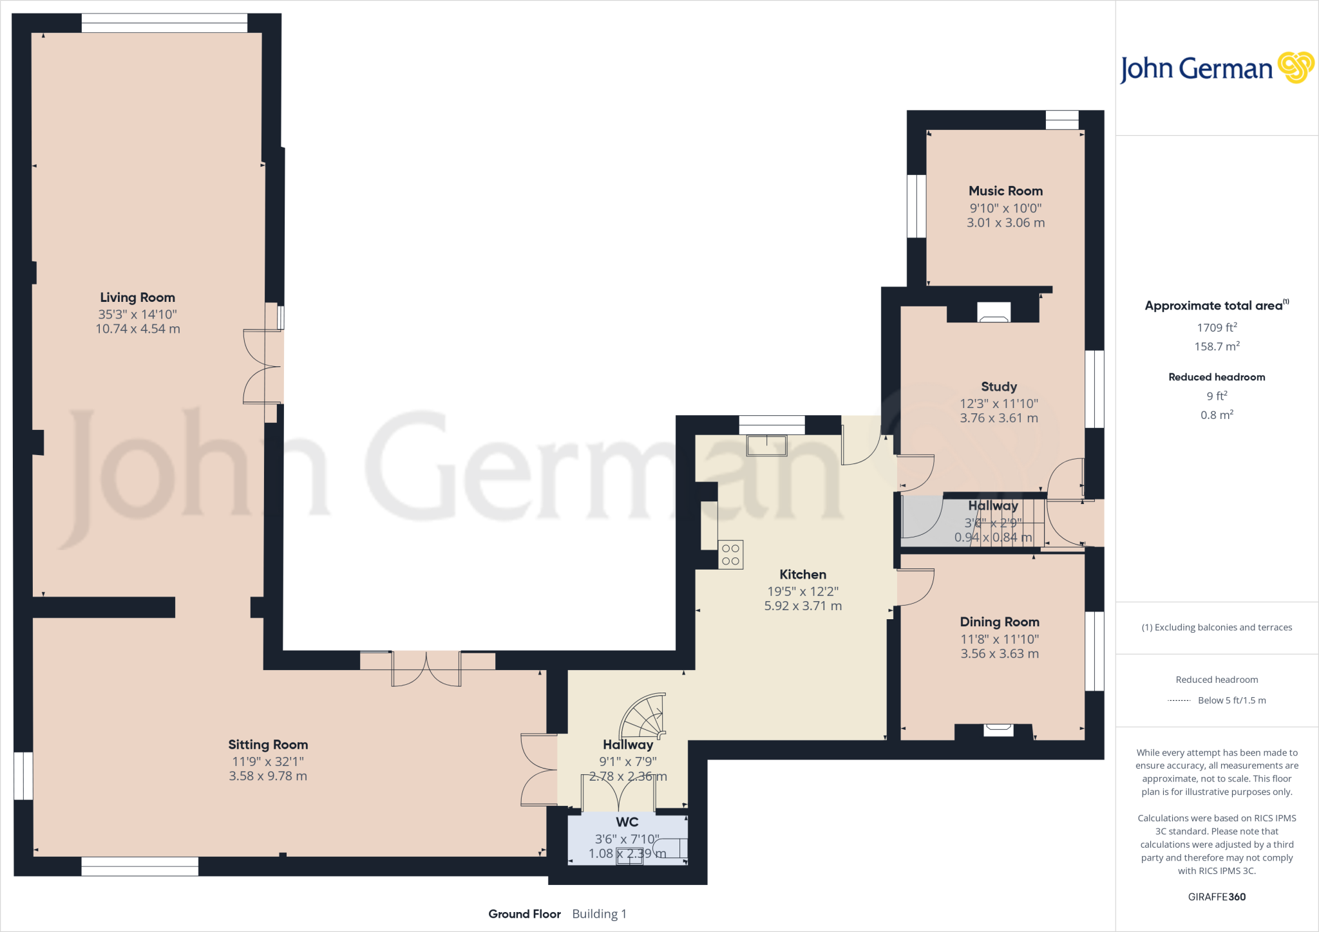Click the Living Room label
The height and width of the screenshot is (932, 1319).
pyautogui.click(x=137, y=297)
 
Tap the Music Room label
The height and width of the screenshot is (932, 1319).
pyautogui.click(x=1005, y=191)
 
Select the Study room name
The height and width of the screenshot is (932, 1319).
pyautogui.click(x=999, y=387)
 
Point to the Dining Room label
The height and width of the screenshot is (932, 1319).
pyautogui.click(x=1000, y=622)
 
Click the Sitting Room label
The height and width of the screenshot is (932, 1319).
pyautogui.click(x=268, y=745)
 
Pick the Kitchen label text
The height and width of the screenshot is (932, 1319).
pyautogui.click(x=802, y=575)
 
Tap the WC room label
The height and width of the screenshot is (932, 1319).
pyautogui.click(x=627, y=822)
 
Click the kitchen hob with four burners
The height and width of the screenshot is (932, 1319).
pyautogui.click(x=730, y=555)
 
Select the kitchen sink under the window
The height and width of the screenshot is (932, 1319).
pyautogui.click(x=766, y=445)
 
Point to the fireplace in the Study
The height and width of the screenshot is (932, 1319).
pyautogui.click(x=994, y=312)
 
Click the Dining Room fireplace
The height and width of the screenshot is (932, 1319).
pyautogui.click(x=998, y=730)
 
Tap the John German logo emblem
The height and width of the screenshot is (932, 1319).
pyautogui.click(x=1295, y=68)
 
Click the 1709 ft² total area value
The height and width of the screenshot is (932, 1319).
pyautogui.click(x=1217, y=328)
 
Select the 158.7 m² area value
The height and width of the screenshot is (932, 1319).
pyautogui.click(x=1217, y=346)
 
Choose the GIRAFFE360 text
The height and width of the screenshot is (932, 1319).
pyautogui.click(x=1217, y=897)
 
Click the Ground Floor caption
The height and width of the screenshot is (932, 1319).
pyautogui.click(x=524, y=914)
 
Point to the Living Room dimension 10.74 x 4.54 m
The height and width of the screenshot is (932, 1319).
pyautogui.click(x=138, y=329)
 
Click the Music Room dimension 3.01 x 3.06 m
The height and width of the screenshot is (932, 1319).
pyautogui.click(x=1005, y=223)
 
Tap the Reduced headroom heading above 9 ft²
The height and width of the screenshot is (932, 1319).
pyautogui.click(x=1217, y=377)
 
